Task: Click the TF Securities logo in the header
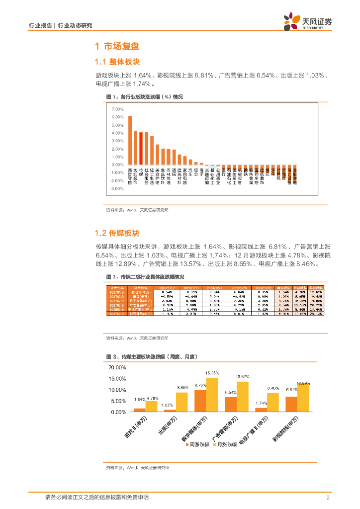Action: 307,22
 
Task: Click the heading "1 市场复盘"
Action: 117,47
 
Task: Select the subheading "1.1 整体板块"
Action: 117,62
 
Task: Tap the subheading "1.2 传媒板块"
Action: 117,233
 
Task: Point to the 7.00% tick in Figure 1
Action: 117,109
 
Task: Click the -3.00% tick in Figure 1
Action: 117,189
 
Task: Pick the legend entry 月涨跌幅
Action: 224,444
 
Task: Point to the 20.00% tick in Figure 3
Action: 118,368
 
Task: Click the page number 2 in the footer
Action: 328,498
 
